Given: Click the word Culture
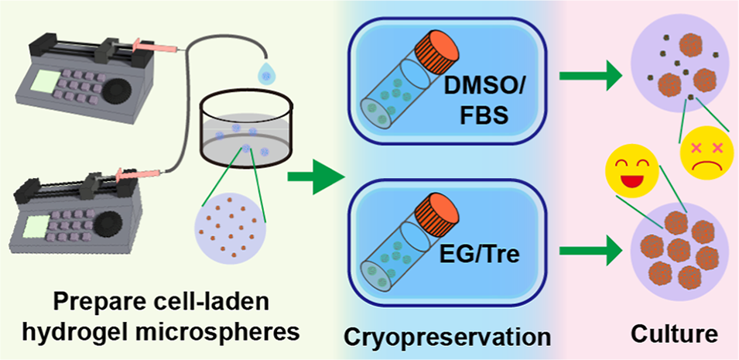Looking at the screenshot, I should coord(672,337).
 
